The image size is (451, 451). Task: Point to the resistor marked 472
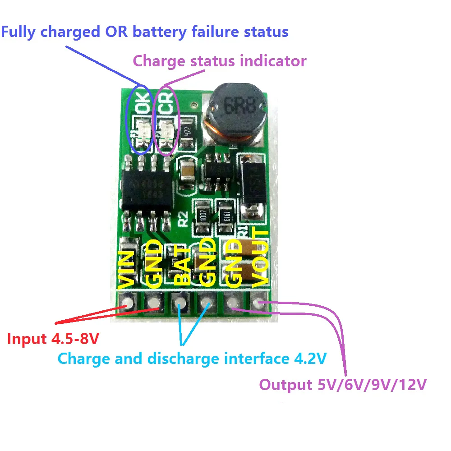pyautogui.click(x=188, y=132)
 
